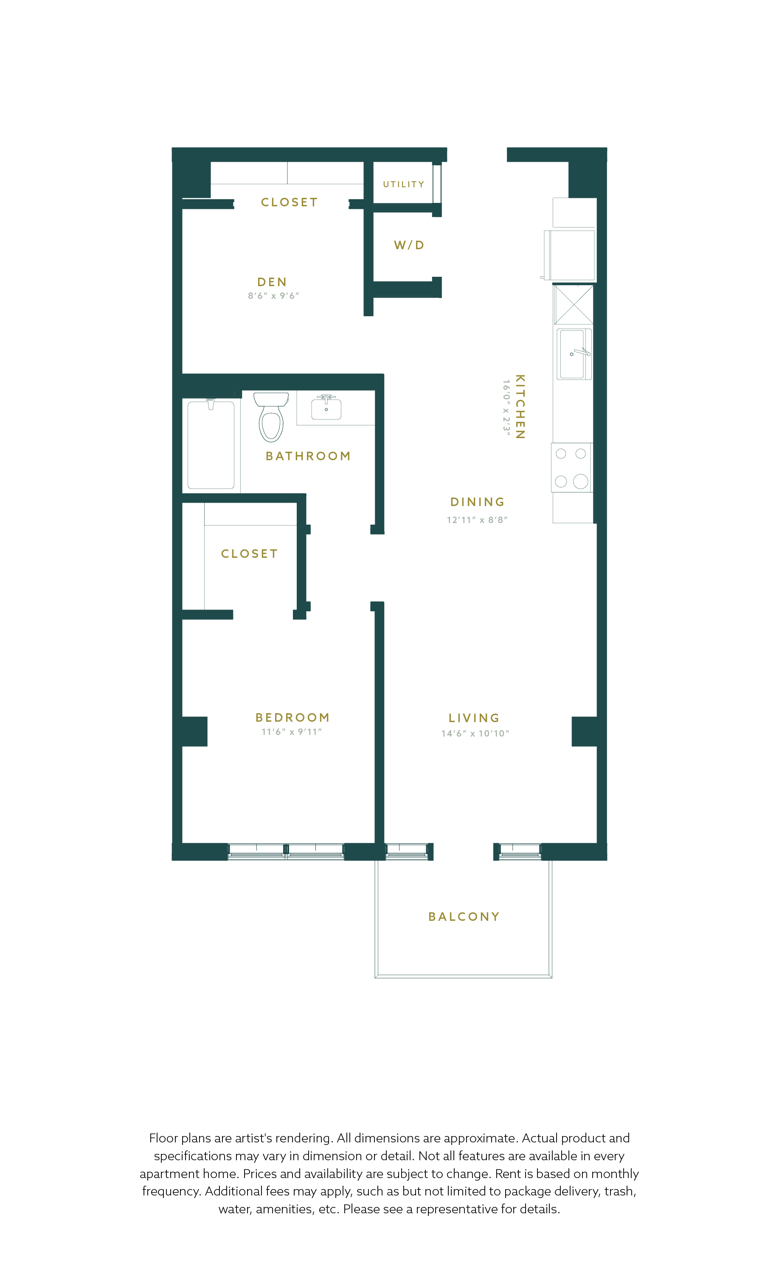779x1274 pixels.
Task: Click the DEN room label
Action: click(x=272, y=282)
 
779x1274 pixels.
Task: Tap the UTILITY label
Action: click(x=404, y=184)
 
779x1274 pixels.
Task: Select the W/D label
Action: click(x=409, y=245)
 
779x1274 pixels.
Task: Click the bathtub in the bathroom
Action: click(x=211, y=444)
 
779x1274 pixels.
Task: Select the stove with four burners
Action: click(x=572, y=467)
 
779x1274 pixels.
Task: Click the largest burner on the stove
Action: click(x=580, y=481)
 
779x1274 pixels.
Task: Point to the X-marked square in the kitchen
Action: click(x=573, y=305)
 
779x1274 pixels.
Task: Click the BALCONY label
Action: click(x=464, y=917)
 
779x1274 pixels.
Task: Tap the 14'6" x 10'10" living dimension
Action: click(x=475, y=733)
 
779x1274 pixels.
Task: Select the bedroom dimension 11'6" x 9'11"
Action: click(x=292, y=731)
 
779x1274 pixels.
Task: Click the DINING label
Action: click(x=477, y=502)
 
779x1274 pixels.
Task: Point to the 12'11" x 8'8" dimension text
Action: click(x=477, y=520)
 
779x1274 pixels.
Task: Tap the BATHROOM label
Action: click(x=308, y=456)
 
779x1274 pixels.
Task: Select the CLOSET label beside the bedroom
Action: click(x=249, y=554)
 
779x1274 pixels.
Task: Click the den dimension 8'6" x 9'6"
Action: click(x=273, y=296)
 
